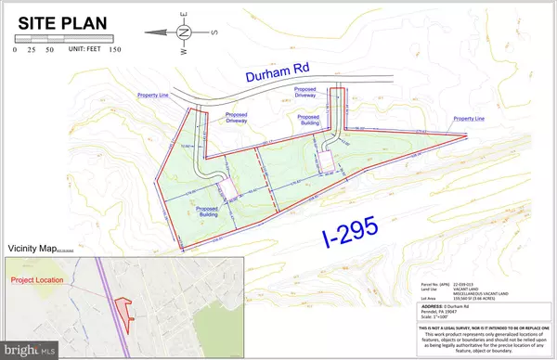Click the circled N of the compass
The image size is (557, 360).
183,32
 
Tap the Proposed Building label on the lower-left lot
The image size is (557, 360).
213,212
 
